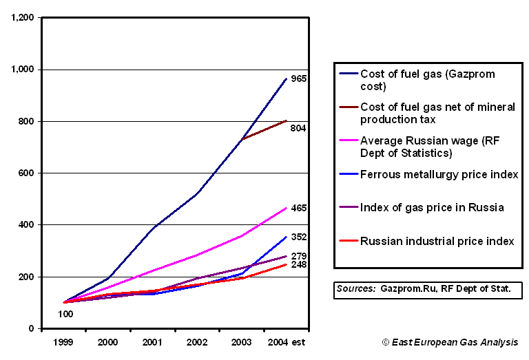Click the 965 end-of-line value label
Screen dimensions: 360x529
(298, 78)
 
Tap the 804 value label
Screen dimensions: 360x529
(298, 128)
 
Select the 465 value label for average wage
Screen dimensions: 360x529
(298, 208)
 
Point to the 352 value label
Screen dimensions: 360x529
(298, 237)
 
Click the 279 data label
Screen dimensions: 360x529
(298, 255)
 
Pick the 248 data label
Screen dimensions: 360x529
(298, 265)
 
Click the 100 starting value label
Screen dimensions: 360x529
(65, 314)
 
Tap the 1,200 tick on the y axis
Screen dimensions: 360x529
(23, 18)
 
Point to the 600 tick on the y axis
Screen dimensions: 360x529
(27, 173)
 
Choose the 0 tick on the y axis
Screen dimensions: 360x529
(32, 329)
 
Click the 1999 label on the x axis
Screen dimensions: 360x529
(64, 342)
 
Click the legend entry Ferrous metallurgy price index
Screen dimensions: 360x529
(439, 175)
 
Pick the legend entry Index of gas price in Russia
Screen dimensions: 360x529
(432, 208)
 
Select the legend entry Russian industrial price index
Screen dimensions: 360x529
(437, 241)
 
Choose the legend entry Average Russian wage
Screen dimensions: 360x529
(437, 147)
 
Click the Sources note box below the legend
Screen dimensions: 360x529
(427, 290)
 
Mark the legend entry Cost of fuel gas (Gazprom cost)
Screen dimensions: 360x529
(428, 80)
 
